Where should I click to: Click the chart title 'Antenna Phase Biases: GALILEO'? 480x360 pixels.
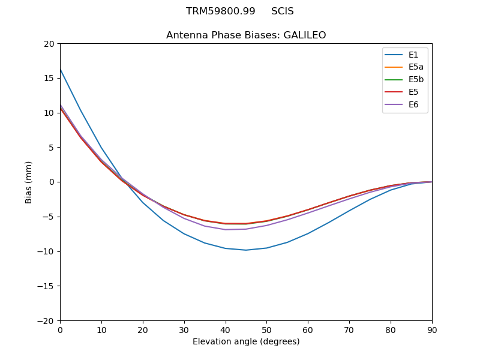pos(246,35)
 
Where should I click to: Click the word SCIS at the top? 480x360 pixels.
pos(283,11)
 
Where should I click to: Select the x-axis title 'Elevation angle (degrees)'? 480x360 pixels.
pos(246,342)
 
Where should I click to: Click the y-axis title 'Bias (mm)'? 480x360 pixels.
pos(29,182)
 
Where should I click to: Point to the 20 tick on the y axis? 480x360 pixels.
pos(49,44)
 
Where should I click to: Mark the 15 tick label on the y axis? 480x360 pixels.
pos(49,78)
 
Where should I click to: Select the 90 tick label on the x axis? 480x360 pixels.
pos(432,330)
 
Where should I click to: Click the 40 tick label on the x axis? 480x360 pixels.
pos(225,330)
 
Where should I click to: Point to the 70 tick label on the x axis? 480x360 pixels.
pos(349,330)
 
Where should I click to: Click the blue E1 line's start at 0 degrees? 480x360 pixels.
pos(60,69)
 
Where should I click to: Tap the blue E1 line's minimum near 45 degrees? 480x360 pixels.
pos(246,250)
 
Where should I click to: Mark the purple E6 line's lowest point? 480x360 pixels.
pos(226,230)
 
